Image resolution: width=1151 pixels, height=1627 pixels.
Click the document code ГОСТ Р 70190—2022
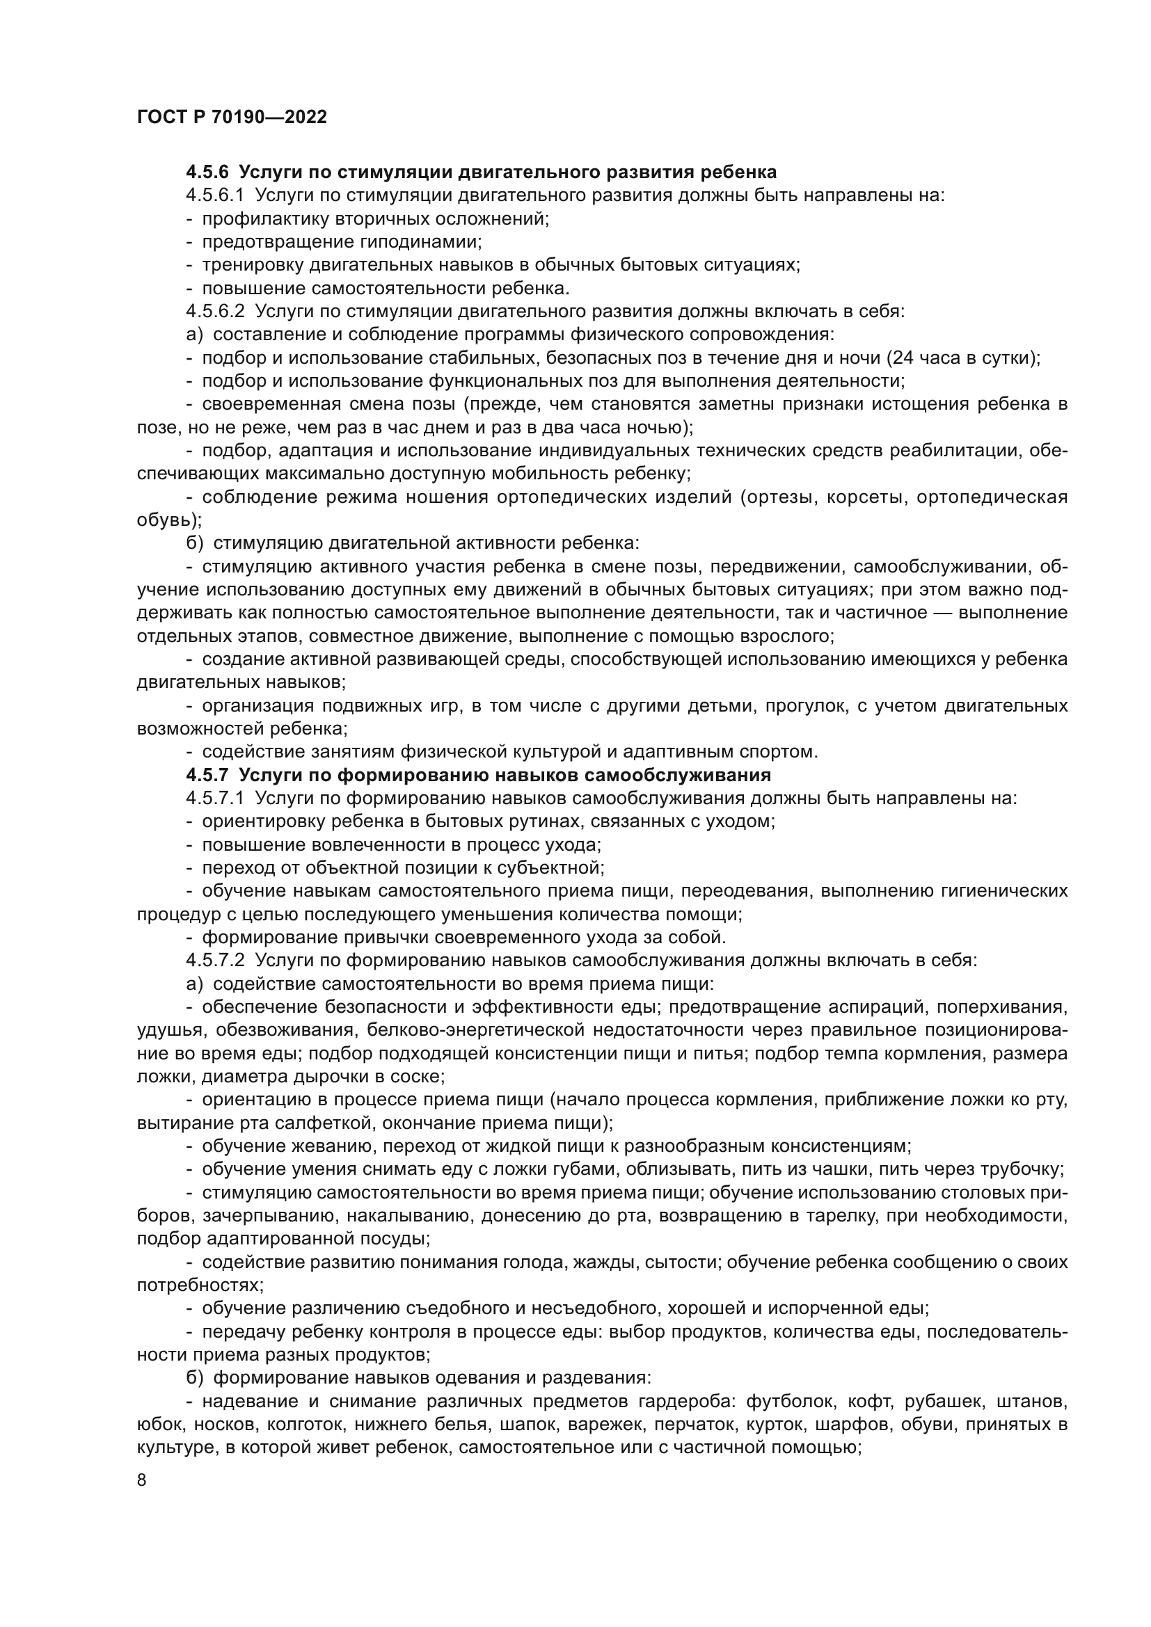[232, 118]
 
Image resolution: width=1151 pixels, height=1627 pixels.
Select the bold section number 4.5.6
[207, 173]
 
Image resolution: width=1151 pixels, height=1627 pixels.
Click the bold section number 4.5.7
[207, 774]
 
